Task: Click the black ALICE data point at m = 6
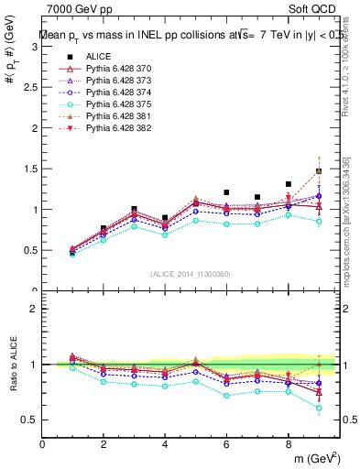pos(226,192)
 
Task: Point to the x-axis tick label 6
pos(226,445)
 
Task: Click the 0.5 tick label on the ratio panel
pos(30,420)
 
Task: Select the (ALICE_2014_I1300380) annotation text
pos(191,274)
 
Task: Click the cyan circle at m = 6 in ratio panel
pos(226,396)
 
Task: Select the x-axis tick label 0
pos(42,445)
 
